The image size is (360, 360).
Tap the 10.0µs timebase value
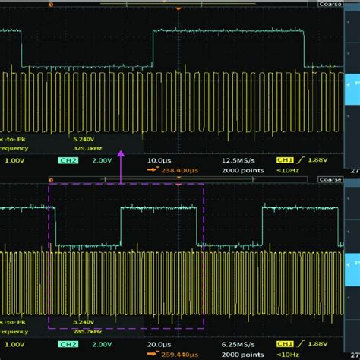pos(156,162)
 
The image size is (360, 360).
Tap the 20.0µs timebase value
pos(156,345)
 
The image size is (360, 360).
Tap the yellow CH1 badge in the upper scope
pos(284,162)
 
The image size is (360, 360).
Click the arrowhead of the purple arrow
pos(121,152)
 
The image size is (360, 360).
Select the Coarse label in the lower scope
pos(329,180)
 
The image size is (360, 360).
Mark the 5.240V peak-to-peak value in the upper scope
pos(84,140)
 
